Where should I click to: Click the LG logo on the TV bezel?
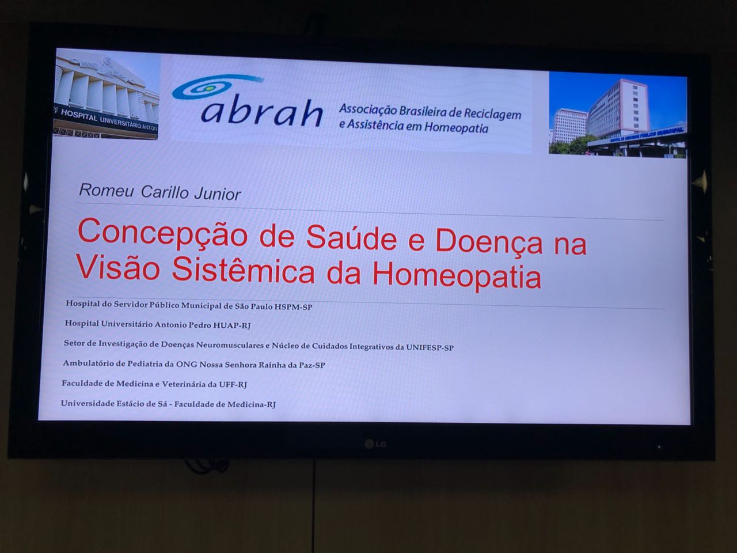point(376,444)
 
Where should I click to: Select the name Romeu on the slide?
point(106,190)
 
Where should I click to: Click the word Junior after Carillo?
point(218,194)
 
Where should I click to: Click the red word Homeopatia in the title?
point(457,276)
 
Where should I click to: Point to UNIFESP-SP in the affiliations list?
point(430,347)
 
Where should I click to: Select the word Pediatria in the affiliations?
point(145,363)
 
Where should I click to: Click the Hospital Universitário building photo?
point(107,94)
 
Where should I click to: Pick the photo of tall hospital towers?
point(617,115)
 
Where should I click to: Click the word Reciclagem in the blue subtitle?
point(492,114)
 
